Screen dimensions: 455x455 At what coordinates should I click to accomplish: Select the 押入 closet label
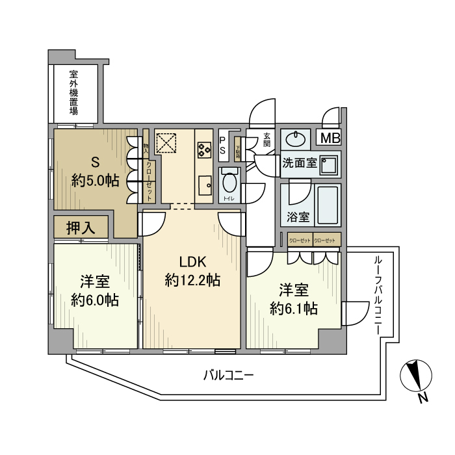[x=81, y=227]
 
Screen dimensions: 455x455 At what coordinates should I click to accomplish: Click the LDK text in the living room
[x=192, y=262]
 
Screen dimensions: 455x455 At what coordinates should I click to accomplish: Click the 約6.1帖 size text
[x=294, y=307]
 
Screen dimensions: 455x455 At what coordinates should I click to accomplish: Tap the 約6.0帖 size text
[x=94, y=300]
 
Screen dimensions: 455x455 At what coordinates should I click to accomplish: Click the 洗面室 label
[x=299, y=164]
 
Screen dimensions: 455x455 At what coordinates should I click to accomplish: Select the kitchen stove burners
[x=204, y=149]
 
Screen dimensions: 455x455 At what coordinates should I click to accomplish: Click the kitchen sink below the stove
[x=203, y=183]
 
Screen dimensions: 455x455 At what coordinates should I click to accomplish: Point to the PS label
[x=222, y=145]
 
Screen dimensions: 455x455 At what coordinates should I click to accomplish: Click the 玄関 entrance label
[x=267, y=140]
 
